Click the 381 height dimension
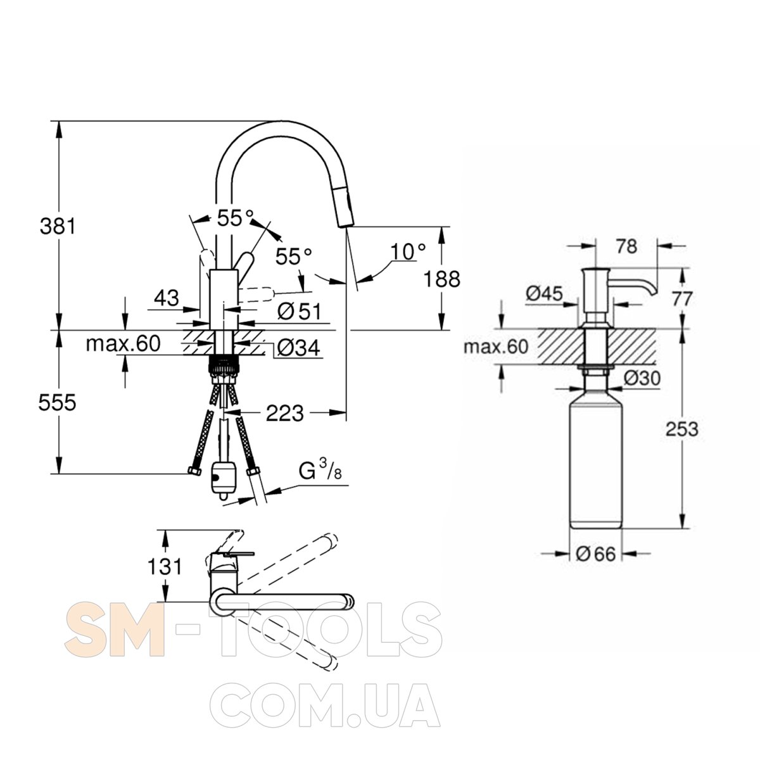(x=58, y=226)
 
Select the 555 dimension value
(x=57, y=403)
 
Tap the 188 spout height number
(x=441, y=279)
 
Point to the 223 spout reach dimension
(x=285, y=413)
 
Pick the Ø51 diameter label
(x=300, y=312)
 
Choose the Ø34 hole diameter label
(x=298, y=348)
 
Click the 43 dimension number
(x=167, y=298)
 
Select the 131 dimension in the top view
(x=165, y=567)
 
